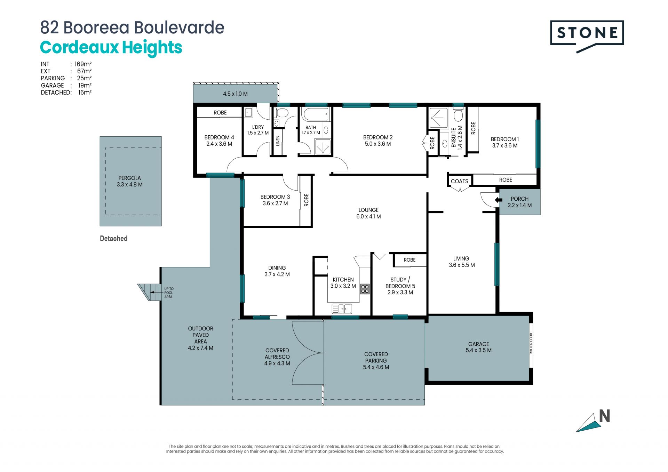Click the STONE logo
point(587,36)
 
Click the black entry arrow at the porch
point(499,200)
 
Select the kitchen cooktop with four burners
point(365,289)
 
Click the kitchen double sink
point(342,309)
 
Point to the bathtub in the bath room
point(315,114)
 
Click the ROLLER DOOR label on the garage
point(531,344)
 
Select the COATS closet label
point(459,181)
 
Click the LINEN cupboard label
point(278,141)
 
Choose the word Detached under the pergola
point(114,239)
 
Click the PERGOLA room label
point(129,178)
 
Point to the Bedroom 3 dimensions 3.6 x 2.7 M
point(275,203)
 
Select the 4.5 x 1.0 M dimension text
point(235,94)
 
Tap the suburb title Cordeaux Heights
point(111,48)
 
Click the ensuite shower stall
point(439,118)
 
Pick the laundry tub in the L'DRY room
point(248,112)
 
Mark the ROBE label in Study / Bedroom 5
point(409,260)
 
